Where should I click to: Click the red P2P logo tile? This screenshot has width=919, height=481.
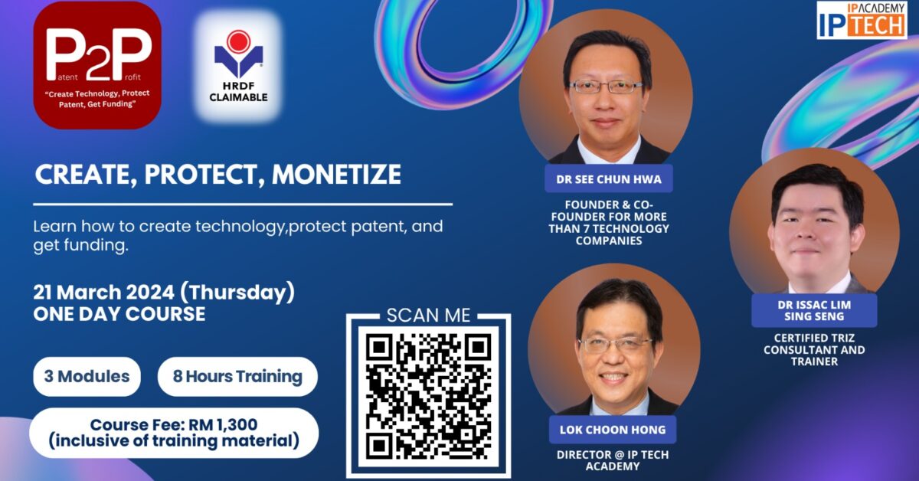click(x=97, y=65)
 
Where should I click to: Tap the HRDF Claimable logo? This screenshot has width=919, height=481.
click(x=238, y=66)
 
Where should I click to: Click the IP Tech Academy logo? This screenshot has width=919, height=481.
click(x=862, y=20)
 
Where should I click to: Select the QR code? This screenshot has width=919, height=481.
click(x=428, y=397)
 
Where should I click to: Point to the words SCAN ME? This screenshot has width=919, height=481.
click(x=428, y=316)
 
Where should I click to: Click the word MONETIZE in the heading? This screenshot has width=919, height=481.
click(x=336, y=175)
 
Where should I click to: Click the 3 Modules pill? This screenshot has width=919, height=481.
click(x=87, y=376)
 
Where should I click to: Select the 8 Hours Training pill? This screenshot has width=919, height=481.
click(x=237, y=376)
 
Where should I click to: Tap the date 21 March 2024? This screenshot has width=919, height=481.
click(x=104, y=293)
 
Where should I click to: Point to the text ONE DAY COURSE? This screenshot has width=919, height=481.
click(x=119, y=314)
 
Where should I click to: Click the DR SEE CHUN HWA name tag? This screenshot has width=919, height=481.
click(x=609, y=179)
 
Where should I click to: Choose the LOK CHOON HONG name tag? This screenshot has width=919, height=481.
click(x=613, y=430)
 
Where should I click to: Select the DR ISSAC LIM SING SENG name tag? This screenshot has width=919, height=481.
click(x=814, y=310)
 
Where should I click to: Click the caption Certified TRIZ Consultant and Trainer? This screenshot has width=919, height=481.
click(x=814, y=350)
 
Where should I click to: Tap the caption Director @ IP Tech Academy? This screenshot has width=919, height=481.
click(x=613, y=460)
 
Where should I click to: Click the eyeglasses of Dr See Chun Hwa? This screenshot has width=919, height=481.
click(x=606, y=87)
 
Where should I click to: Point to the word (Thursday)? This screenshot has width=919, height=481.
click(x=237, y=293)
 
